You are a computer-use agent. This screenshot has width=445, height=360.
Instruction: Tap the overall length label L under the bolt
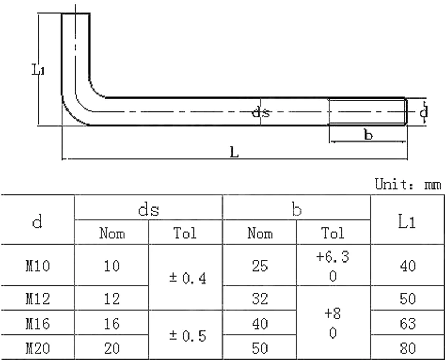click(x=235, y=152)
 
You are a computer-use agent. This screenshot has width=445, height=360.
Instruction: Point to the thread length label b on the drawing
click(x=368, y=135)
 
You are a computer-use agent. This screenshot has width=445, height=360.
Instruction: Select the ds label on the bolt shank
click(x=261, y=112)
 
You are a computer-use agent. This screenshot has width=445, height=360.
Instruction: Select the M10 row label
click(x=37, y=266)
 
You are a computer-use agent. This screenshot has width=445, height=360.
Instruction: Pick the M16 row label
click(x=37, y=324)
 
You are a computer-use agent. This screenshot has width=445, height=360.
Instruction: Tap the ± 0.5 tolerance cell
click(x=186, y=335)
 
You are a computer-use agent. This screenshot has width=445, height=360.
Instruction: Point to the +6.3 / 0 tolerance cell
click(x=333, y=266)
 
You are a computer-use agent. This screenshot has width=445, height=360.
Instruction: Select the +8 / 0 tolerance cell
click(x=333, y=324)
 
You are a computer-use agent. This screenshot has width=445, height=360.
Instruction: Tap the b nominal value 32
click(x=260, y=300)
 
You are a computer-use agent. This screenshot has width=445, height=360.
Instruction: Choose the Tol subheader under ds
click(x=186, y=233)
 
